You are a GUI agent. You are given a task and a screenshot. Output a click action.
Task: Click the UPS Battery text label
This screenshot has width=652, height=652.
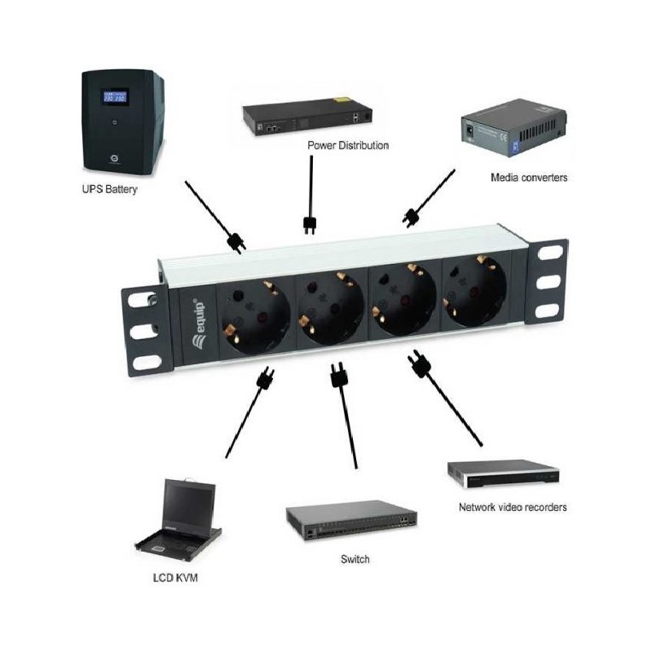tap(109, 190)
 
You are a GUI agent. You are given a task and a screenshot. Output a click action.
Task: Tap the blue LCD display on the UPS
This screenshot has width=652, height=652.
tap(115, 97)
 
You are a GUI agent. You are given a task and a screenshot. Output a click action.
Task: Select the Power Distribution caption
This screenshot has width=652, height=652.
tap(348, 146)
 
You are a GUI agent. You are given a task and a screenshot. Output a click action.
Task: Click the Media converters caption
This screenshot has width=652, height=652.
tap(529, 178)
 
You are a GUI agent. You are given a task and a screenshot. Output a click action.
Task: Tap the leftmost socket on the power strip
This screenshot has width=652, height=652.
tap(255, 318)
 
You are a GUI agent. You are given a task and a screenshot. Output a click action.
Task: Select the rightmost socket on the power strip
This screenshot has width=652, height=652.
tap(474, 292)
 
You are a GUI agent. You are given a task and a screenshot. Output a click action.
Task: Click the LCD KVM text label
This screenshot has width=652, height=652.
tap(175, 578)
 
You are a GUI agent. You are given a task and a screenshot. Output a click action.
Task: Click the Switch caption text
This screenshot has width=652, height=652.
tap(355, 559)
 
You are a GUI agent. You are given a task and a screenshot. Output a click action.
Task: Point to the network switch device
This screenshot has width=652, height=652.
tap(351, 522)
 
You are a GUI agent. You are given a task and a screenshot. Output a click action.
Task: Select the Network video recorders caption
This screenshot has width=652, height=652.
tap(513, 507)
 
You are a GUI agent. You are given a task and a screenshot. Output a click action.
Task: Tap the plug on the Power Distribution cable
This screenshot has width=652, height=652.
tap(310, 225)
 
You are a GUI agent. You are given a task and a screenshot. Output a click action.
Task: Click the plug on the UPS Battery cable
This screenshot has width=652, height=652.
tap(236, 243)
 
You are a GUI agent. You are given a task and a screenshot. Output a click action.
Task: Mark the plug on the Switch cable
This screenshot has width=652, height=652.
tap(338, 374)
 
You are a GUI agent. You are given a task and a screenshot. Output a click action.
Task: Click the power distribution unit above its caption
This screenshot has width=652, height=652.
tap(307, 117)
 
